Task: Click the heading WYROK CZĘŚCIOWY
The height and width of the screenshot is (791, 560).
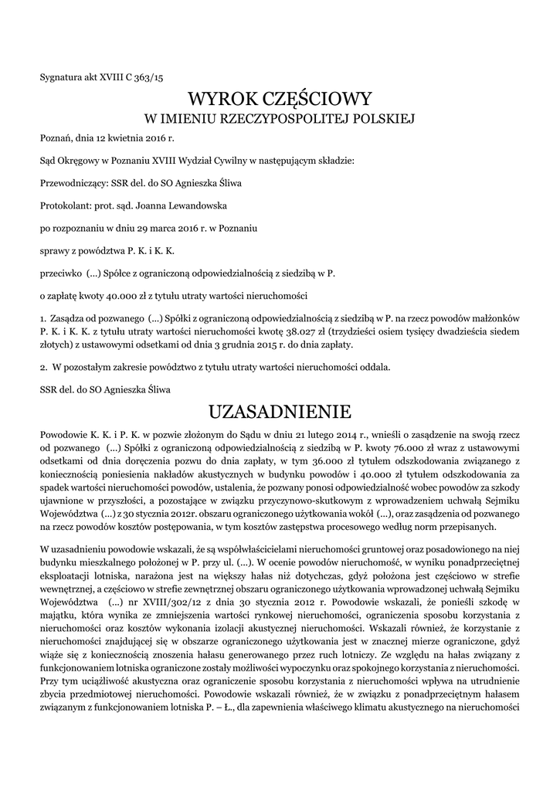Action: (280, 99)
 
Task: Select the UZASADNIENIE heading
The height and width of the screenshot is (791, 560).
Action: (280, 409)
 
